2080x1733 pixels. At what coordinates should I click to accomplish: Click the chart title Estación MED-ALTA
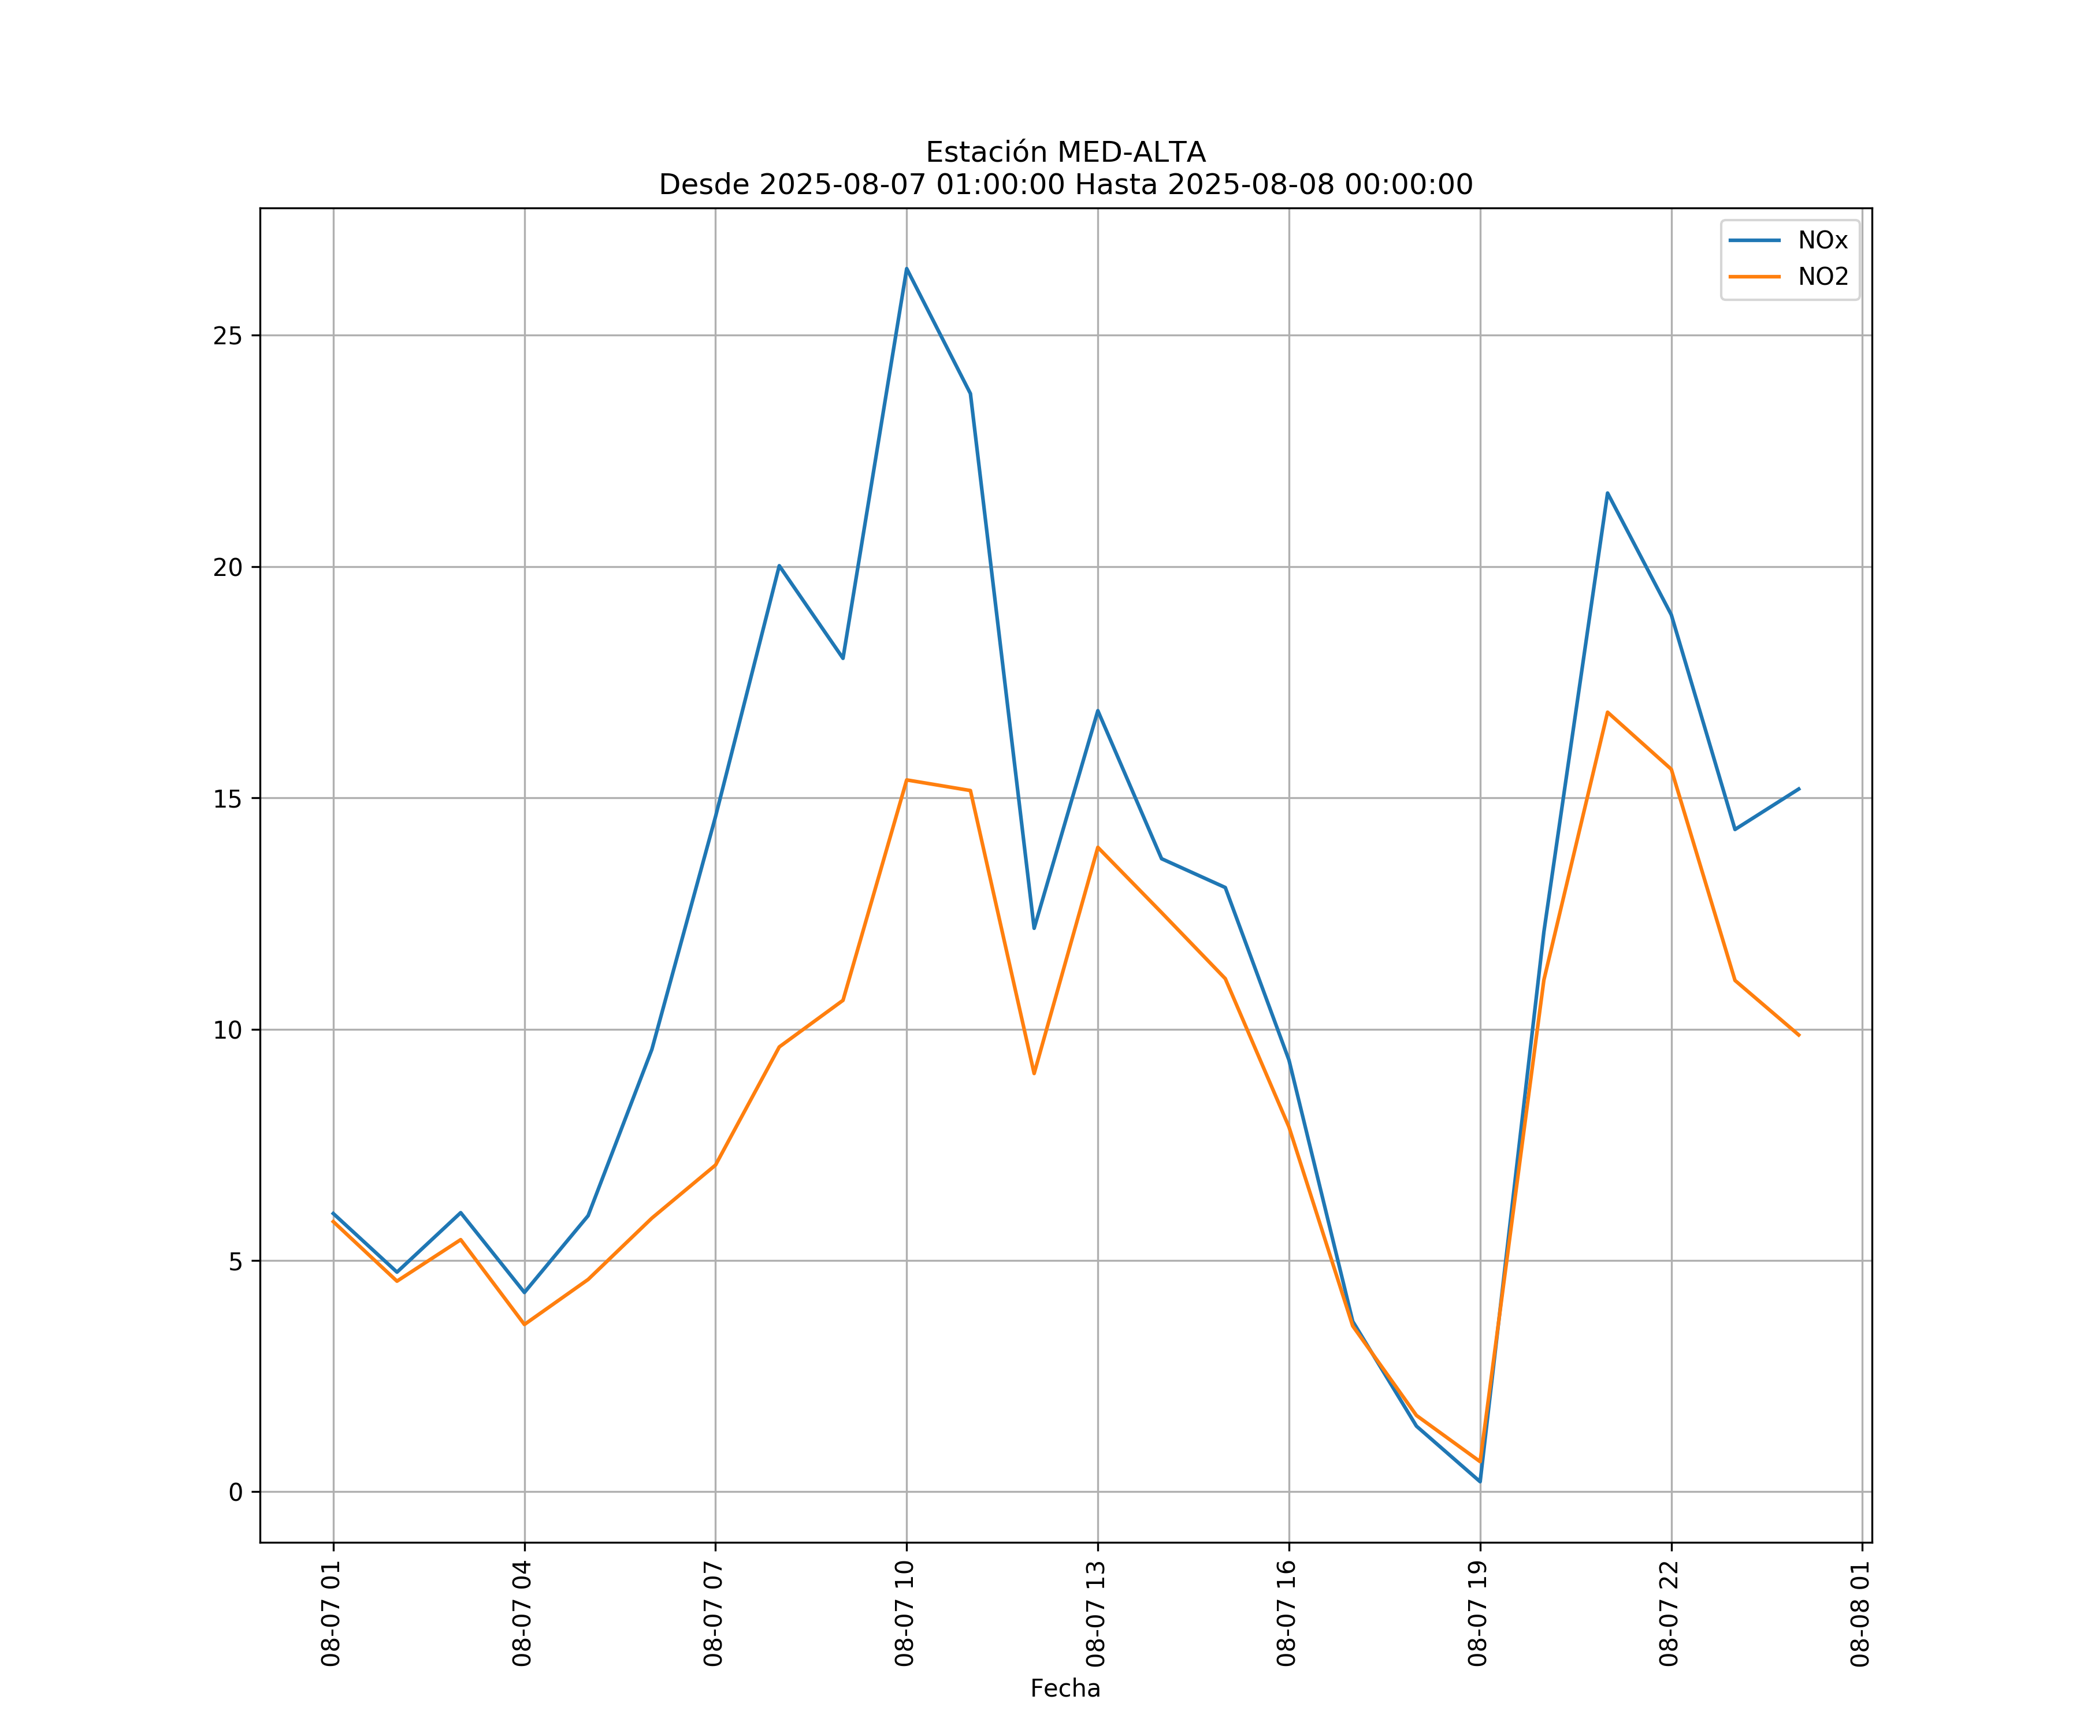pos(1065,153)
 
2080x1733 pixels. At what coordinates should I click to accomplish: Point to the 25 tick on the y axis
pos(228,336)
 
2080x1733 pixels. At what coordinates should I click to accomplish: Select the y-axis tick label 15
pos(228,798)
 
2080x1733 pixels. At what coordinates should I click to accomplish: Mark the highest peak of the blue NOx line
pos(907,269)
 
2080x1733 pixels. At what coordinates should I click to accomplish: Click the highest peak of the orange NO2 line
pos(1607,712)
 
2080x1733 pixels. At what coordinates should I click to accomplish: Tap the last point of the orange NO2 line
pos(1799,1036)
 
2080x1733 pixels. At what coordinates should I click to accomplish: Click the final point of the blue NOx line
pos(1799,789)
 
